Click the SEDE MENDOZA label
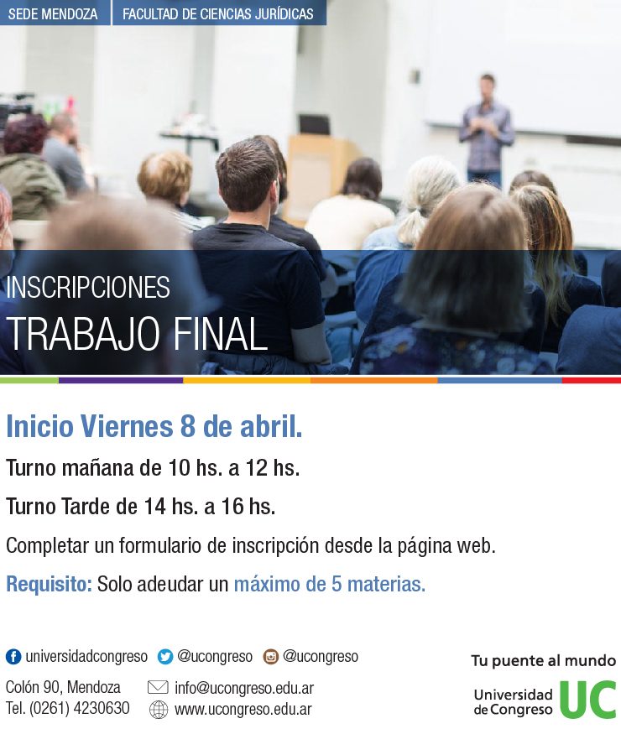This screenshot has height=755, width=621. point(53,14)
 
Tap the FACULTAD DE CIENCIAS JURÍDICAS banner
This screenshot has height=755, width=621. point(217,14)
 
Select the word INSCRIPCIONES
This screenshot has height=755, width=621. point(87,288)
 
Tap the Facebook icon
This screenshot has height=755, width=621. point(13,656)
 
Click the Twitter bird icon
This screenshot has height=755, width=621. point(165,656)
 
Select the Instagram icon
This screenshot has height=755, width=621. point(271,656)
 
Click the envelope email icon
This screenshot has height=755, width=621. point(158,688)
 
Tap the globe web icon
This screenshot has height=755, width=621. point(158,709)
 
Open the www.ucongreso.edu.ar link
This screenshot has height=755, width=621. point(243,709)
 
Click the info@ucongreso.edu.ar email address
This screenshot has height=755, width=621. point(244,688)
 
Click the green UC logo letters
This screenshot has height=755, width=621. point(587,699)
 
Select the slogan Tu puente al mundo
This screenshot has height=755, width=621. point(544,661)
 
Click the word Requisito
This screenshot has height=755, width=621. point(49,584)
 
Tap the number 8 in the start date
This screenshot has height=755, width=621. point(188,426)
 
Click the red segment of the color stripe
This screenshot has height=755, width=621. point(591,380)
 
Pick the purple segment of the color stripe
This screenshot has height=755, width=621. point(121,380)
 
